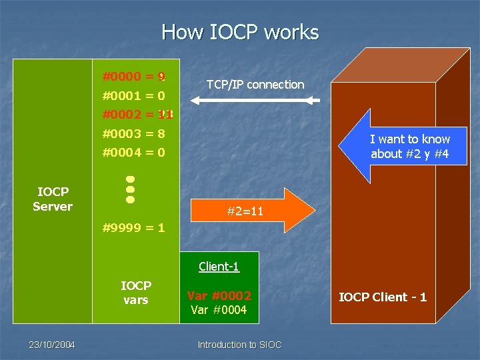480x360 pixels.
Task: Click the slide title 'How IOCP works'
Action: click(x=240, y=32)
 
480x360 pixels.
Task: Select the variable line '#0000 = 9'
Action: click(x=134, y=77)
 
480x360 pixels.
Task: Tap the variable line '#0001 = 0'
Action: click(x=134, y=95)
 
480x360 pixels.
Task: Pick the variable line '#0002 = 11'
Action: click(x=137, y=115)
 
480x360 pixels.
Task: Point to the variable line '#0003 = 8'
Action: click(x=134, y=133)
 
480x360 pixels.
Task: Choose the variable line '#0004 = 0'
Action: click(x=134, y=153)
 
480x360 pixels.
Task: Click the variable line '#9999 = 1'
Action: click(x=134, y=228)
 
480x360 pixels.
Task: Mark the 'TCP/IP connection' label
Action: click(x=255, y=85)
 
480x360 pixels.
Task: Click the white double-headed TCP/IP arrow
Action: click(x=255, y=101)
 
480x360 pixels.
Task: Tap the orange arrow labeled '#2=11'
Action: click(x=253, y=211)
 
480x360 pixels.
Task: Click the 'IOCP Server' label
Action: click(x=53, y=199)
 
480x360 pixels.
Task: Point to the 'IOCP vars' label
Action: click(x=135, y=293)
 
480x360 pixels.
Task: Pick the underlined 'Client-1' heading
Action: click(x=219, y=267)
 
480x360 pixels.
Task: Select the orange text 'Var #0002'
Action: click(x=219, y=295)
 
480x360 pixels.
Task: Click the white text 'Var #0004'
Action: click(x=219, y=310)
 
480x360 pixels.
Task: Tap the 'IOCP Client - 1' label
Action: click(x=383, y=297)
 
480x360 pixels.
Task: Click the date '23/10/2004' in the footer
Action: click(x=52, y=345)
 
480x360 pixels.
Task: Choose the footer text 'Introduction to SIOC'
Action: click(x=240, y=345)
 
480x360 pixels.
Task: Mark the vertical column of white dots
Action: click(x=131, y=189)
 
